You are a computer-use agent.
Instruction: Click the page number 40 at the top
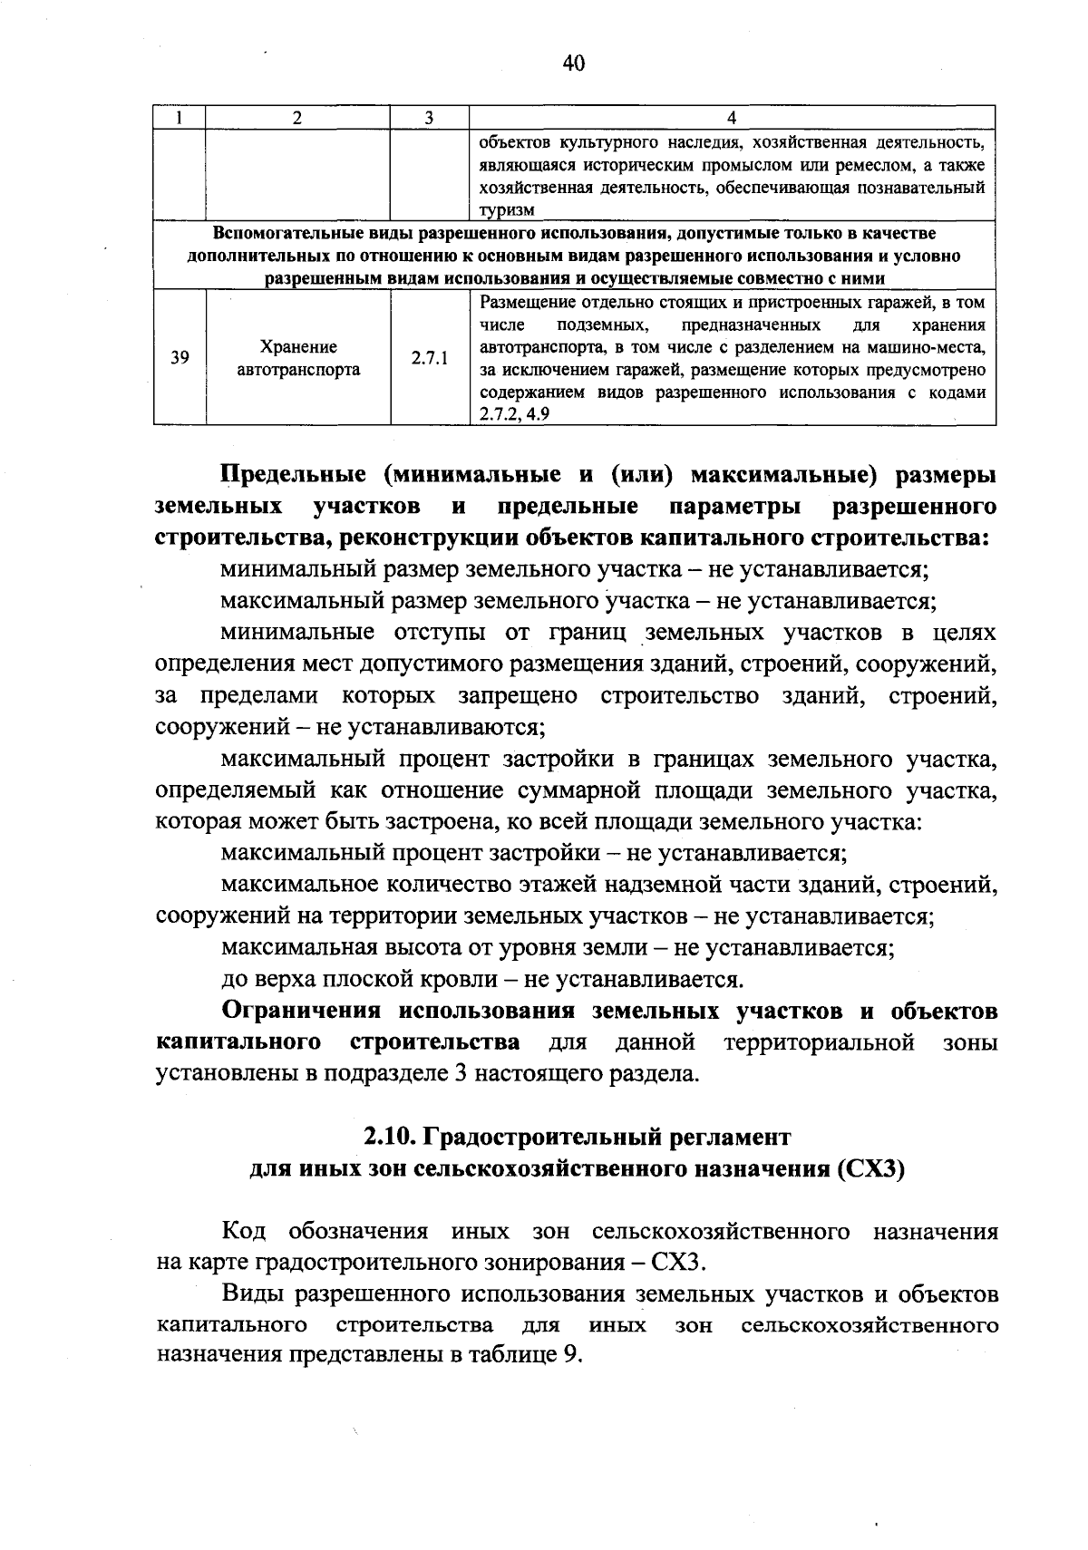(574, 63)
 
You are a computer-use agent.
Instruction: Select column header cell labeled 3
(429, 117)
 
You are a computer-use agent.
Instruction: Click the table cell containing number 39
(180, 358)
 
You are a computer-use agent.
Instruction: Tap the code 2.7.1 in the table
(429, 358)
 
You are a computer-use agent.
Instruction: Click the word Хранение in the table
(298, 347)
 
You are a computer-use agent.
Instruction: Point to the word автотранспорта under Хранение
(298, 370)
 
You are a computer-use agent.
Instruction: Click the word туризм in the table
(507, 210)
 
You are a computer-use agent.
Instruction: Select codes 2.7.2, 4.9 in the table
(514, 415)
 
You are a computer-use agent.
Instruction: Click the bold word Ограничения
(302, 1011)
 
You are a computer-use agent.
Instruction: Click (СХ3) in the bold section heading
(871, 1168)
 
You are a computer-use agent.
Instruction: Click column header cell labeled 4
(732, 117)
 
